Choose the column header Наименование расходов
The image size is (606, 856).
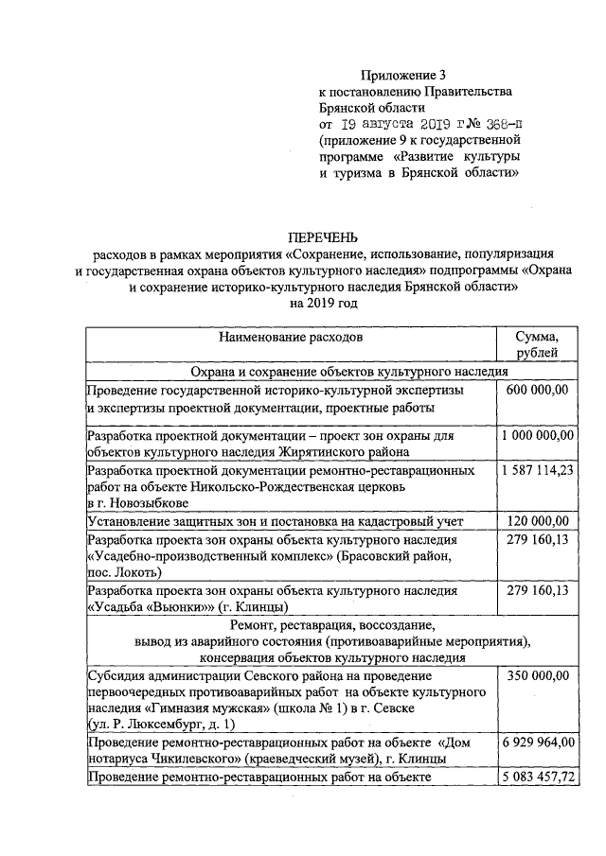291,337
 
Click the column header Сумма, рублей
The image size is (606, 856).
536,344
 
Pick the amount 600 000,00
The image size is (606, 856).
537,390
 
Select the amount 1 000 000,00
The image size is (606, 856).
537,435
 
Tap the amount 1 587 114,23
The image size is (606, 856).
537,469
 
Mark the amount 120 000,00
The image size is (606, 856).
537,520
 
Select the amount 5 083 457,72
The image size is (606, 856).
537,777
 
